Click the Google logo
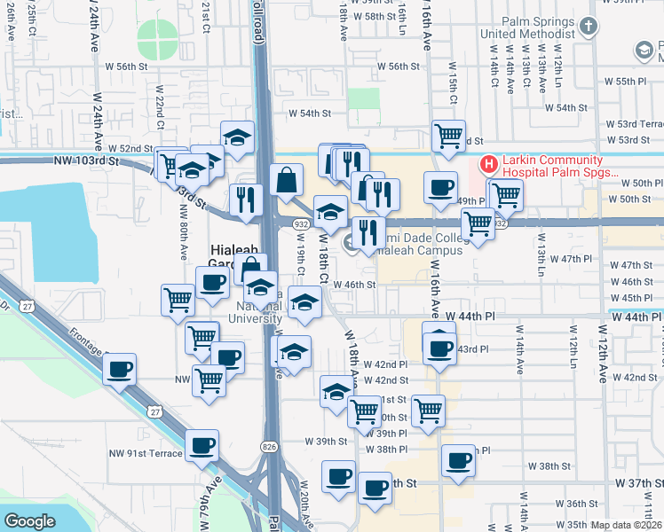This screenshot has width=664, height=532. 29,520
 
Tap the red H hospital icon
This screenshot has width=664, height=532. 488,164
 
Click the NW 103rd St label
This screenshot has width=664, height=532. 85,160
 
